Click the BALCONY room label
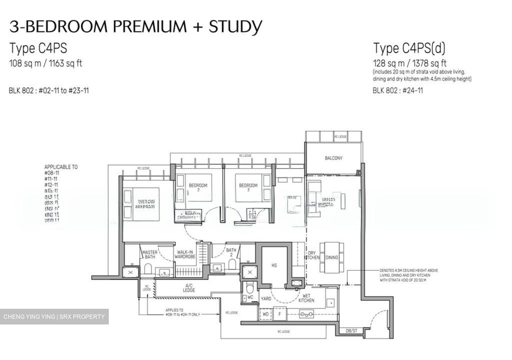[x=333, y=158]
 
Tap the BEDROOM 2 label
[x=198, y=187]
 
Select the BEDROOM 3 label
[x=248, y=187]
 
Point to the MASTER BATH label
[x=150, y=254]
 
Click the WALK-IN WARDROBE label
[x=185, y=254]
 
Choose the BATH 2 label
[x=231, y=252]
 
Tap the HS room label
[x=274, y=265]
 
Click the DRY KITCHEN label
[x=312, y=255]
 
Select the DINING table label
[x=332, y=257]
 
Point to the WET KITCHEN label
[x=306, y=298]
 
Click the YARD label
[x=266, y=299]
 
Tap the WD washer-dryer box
[x=266, y=314]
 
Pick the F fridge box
[x=279, y=314]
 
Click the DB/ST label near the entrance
[x=351, y=331]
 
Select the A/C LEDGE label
[x=189, y=288]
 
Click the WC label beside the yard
[x=250, y=297]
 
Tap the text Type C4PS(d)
[x=409, y=48]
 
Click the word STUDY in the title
[x=235, y=27]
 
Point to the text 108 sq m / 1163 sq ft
[x=46, y=64]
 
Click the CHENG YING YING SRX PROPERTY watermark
[x=54, y=317]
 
